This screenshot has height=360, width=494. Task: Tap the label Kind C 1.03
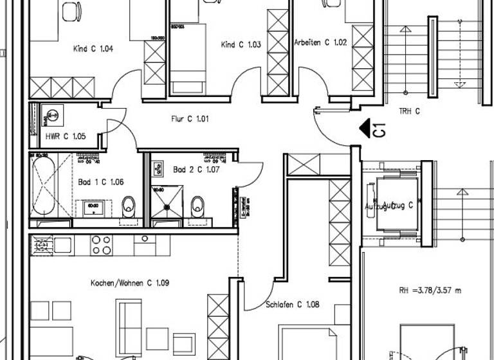coord(241,44)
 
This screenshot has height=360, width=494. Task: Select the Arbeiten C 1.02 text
coord(320,42)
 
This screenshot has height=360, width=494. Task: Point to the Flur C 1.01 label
coord(190,119)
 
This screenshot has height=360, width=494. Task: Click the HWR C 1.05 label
coord(65,136)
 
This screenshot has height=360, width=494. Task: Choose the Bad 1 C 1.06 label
coord(100,182)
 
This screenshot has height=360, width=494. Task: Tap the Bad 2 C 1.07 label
coord(197,170)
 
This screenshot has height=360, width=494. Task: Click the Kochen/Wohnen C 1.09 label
coord(129,282)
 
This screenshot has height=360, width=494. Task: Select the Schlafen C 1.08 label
coord(292,305)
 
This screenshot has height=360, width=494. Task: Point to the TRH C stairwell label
coord(409,111)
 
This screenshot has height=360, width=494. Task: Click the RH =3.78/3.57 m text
coord(429,291)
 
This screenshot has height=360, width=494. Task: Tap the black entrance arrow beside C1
coord(367,129)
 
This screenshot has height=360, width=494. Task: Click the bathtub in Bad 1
coord(43,185)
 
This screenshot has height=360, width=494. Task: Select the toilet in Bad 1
coord(129,206)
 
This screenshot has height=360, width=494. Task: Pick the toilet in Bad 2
coord(197,206)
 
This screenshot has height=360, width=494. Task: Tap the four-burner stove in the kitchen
coord(101,244)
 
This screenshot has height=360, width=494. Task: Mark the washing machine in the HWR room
coord(52,116)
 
